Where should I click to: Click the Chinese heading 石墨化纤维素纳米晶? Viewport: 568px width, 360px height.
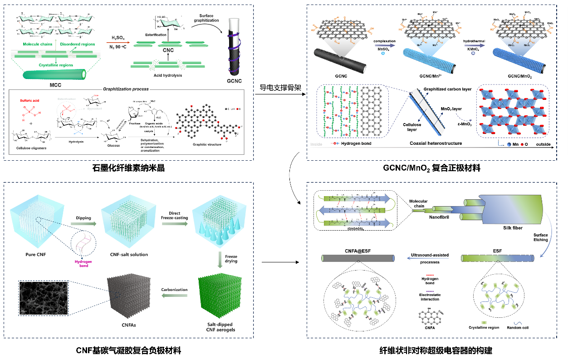click(128, 168)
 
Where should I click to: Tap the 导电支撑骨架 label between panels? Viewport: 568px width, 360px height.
click(279, 87)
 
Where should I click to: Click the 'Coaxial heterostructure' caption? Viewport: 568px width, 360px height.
click(436, 143)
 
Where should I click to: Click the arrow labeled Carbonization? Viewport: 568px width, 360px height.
click(174, 296)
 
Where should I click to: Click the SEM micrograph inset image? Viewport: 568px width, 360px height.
click(43, 298)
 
